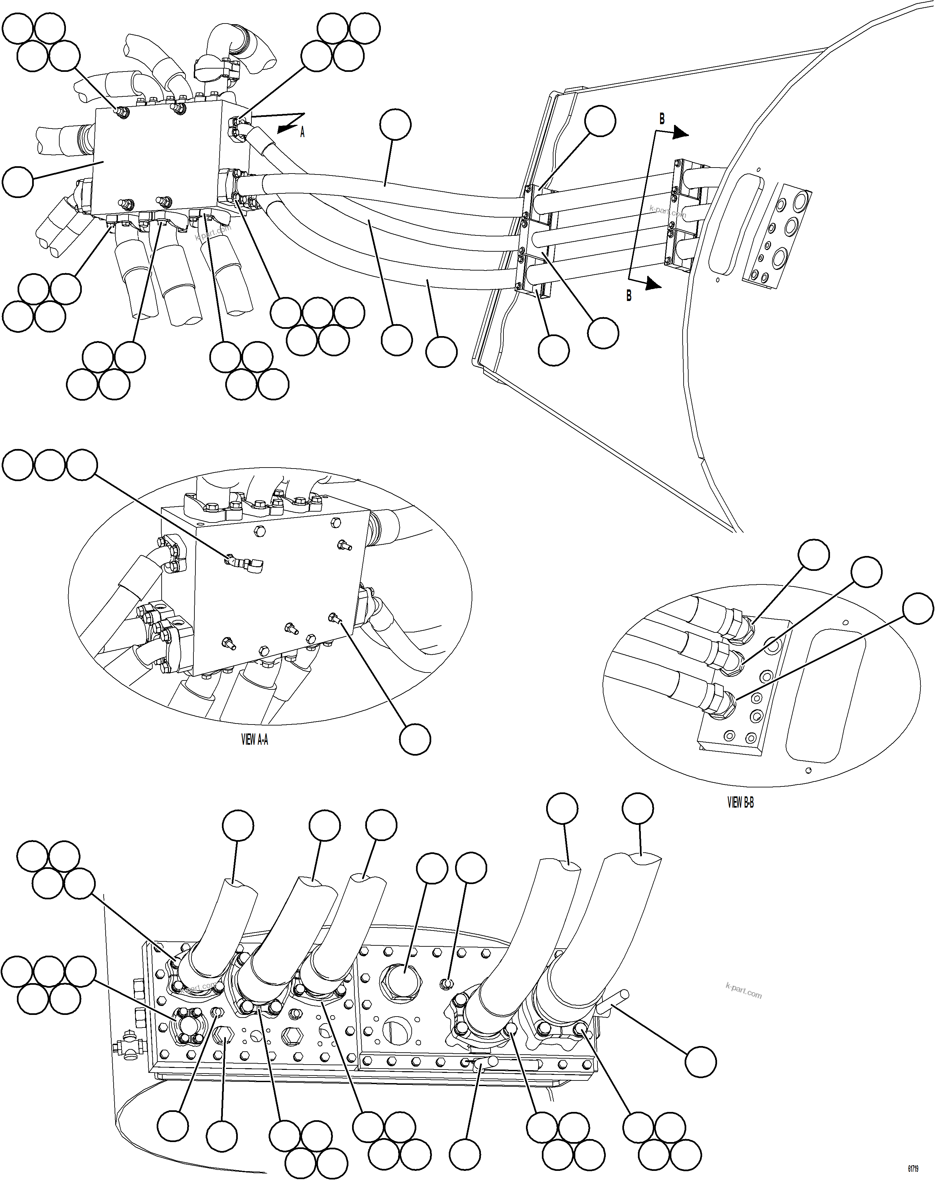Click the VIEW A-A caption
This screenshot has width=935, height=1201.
pyautogui.click(x=255, y=740)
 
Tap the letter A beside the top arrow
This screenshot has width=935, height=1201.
pyautogui.click(x=302, y=132)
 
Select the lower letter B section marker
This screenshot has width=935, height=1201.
pyautogui.click(x=629, y=295)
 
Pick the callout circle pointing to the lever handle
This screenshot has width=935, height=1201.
pyautogui.click(x=701, y=1061)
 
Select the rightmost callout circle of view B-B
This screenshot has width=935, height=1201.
pyautogui.click(x=918, y=608)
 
